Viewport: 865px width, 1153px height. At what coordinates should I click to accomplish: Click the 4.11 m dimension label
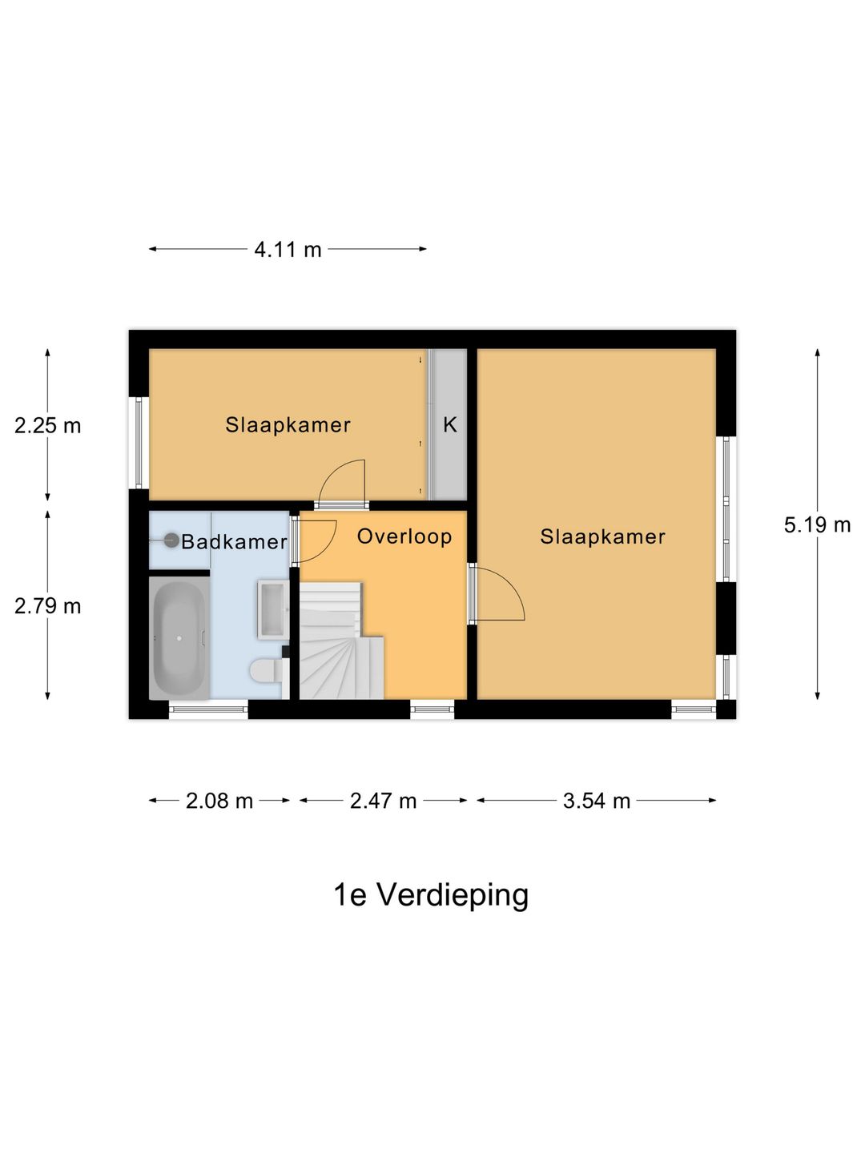(288, 250)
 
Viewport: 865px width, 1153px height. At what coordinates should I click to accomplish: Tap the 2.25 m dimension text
(48, 426)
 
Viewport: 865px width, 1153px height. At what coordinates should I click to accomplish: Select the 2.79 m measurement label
(48, 606)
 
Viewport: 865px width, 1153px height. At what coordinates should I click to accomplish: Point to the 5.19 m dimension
(817, 525)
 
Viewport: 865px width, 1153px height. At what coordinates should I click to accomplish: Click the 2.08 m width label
(219, 801)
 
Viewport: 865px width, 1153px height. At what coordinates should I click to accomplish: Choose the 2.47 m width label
(383, 801)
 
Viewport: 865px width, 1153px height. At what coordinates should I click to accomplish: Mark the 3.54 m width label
(597, 801)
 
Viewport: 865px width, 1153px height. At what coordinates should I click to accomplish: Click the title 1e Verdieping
(431, 895)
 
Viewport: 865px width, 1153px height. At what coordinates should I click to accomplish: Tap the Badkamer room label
(234, 542)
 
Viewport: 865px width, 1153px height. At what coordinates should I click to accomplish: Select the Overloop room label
(404, 536)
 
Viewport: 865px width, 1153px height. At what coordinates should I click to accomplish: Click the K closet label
(450, 425)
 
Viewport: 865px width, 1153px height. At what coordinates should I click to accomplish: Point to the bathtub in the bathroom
(179, 638)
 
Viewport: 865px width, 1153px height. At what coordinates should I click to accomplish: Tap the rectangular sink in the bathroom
(272, 609)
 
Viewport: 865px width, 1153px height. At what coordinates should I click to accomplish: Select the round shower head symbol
(171, 540)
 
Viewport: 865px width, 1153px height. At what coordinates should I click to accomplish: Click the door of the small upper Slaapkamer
(343, 483)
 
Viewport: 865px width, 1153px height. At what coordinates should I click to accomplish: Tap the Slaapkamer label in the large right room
(602, 536)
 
